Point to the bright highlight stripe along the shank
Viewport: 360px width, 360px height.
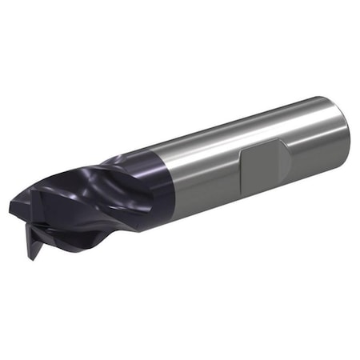(x=240, y=120)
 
